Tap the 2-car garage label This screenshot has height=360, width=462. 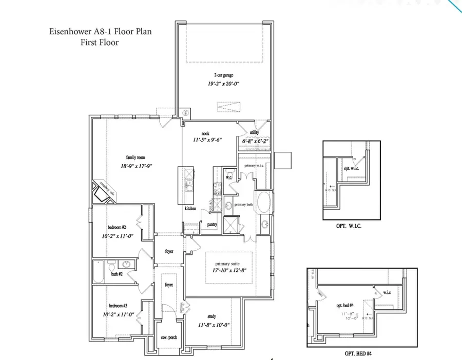click(x=224, y=75)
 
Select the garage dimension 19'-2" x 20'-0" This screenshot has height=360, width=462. click(x=224, y=83)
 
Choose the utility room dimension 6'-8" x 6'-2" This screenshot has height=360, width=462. click(x=255, y=141)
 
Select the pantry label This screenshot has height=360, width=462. click(x=212, y=225)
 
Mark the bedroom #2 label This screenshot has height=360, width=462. click(x=117, y=227)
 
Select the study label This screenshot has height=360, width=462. click(x=212, y=316)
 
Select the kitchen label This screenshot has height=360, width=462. click(x=191, y=209)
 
